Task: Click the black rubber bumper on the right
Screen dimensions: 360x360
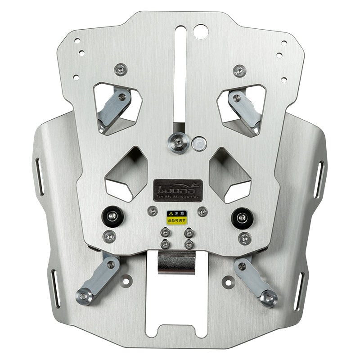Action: tap(242, 218)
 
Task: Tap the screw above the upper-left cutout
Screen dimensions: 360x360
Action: tap(121, 69)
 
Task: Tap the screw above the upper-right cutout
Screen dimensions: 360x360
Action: tap(239, 70)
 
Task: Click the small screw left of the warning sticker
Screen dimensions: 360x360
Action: tap(153, 210)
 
